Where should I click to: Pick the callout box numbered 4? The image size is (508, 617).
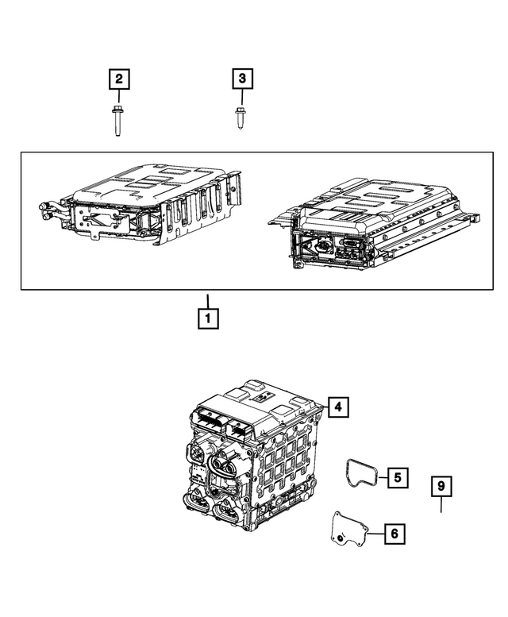(337, 407)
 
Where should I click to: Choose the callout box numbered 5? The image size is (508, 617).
(398, 478)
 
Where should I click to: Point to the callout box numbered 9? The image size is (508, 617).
(442, 485)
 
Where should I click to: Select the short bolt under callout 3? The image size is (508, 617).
(241, 117)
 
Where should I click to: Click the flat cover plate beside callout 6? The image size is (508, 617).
(347, 528)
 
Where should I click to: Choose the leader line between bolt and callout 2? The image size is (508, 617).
(118, 96)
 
